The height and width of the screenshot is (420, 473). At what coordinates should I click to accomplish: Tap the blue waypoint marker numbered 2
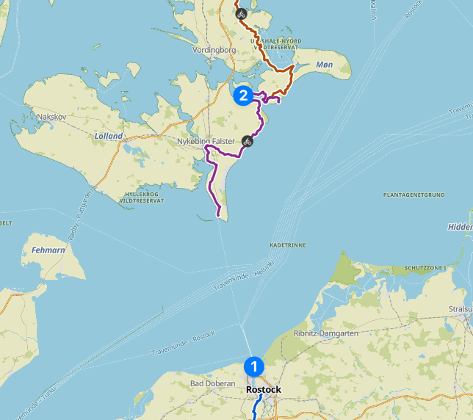244,95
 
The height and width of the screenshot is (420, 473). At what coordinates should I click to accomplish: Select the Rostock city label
264,389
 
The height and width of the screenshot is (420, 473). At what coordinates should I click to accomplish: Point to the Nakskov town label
52,117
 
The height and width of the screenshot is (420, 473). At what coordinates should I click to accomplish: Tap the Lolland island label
109,136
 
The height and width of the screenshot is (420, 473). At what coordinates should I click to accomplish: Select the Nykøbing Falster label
206,141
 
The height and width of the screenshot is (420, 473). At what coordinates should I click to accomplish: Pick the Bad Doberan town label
212,383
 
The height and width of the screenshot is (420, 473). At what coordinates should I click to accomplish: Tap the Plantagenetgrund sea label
414,195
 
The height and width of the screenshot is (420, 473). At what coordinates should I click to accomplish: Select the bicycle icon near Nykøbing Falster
248,140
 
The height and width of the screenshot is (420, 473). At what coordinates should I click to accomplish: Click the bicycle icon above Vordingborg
241,12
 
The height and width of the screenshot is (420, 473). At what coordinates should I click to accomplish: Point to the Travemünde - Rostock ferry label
183,344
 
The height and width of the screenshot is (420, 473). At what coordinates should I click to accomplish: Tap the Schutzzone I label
424,269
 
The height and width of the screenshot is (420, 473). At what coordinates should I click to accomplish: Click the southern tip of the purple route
219,214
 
